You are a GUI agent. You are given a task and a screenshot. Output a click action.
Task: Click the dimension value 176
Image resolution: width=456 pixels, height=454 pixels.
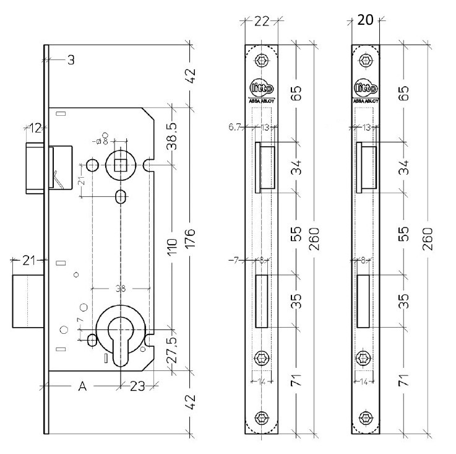click(x=190, y=238)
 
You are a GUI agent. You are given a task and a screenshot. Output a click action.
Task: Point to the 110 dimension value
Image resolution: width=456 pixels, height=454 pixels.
click(x=174, y=245)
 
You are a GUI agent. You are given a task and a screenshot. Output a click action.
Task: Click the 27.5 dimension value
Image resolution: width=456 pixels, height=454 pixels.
click(x=174, y=351)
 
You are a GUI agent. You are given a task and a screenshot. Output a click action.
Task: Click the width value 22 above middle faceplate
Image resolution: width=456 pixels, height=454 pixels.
click(x=262, y=22)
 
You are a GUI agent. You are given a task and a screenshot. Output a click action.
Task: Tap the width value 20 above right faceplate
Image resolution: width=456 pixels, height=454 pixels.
click(x=365, y=20)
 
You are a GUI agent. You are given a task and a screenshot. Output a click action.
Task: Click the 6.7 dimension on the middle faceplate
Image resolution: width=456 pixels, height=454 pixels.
click(x=234, y=127)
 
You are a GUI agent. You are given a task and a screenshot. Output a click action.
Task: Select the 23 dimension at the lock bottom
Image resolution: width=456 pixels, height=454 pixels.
click(x=137, y=386)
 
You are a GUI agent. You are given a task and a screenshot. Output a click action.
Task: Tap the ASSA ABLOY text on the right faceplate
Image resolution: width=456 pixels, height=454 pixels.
click(x=366, y=100)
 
